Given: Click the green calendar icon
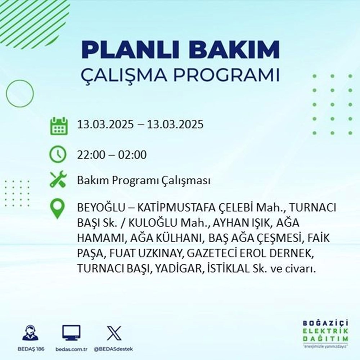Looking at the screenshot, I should [x=58, y=125].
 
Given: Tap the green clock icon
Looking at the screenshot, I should [x=58, y=155].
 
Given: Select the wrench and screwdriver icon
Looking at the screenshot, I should [x=58, y=180].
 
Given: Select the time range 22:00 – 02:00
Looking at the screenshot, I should [x=112, y=155].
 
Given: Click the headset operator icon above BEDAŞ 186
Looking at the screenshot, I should [x=31, y=333].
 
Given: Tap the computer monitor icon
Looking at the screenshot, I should [x=71, y=333].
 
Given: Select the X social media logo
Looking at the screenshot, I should [x=114, y=333].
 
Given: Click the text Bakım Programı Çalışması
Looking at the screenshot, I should [x=144, y=181].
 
